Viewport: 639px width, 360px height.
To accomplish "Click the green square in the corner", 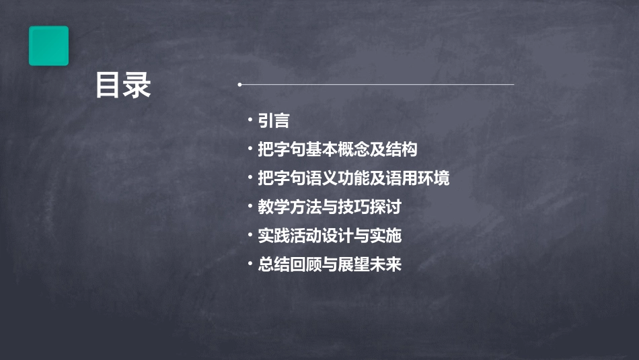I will point(48,46).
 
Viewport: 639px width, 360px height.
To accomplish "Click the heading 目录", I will point(123,86).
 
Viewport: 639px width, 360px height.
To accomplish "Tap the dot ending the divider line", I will point(239,85).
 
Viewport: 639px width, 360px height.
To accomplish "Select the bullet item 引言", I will point(274,121).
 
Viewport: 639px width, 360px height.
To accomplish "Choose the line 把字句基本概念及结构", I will point(338,149).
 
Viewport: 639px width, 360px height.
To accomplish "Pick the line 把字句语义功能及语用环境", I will point(354,178).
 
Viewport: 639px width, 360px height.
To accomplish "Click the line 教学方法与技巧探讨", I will point(330,207).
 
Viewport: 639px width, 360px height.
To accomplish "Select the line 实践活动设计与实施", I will point(330,236).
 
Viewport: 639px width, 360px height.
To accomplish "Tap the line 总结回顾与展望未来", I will point(330,264).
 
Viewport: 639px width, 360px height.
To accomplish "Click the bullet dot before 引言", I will point(250,120).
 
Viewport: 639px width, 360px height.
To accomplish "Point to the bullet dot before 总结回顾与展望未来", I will point(250,264).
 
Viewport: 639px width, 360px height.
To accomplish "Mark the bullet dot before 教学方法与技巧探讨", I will point(250,207).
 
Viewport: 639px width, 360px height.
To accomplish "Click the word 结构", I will point(402,149).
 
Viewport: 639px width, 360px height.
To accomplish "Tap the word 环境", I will point(434,178).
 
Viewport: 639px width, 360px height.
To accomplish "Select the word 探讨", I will point(385,207).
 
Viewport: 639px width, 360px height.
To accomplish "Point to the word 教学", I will point(274,207).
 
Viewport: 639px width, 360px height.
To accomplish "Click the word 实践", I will point(274,236).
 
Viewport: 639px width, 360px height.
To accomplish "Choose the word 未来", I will point(385,264).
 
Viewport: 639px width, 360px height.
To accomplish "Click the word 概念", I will point(354,149).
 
